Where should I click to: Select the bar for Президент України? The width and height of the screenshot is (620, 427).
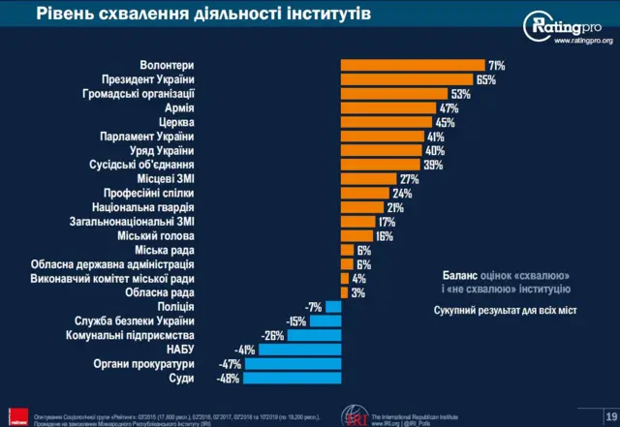406,79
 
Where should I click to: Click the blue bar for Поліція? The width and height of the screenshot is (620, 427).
333,307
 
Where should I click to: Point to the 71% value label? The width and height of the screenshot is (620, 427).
496,65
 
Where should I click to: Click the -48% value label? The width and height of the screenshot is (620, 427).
229,379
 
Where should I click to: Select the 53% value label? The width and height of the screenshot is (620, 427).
460,94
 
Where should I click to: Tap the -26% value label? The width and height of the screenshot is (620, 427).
272,336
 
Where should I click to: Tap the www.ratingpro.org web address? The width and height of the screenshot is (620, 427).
583,41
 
